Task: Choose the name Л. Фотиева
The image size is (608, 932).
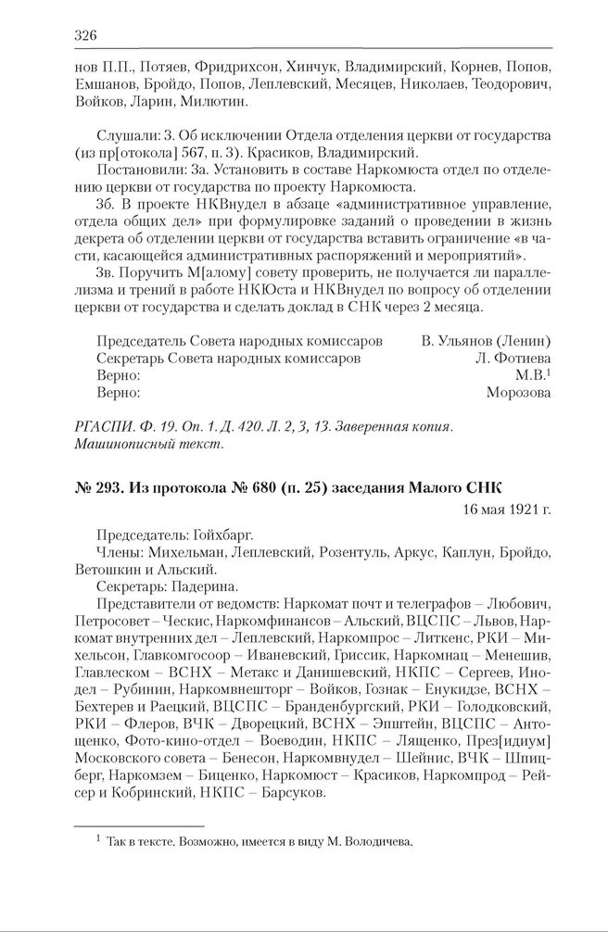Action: coord(513,356)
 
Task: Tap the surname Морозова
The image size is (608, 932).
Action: coord(519,392)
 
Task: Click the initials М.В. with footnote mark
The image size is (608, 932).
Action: coord(533,374)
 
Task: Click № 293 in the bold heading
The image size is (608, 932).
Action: coord(94,488)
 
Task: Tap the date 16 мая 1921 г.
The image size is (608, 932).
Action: coord(506,509)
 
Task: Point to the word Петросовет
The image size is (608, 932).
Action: coord(108,620)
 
